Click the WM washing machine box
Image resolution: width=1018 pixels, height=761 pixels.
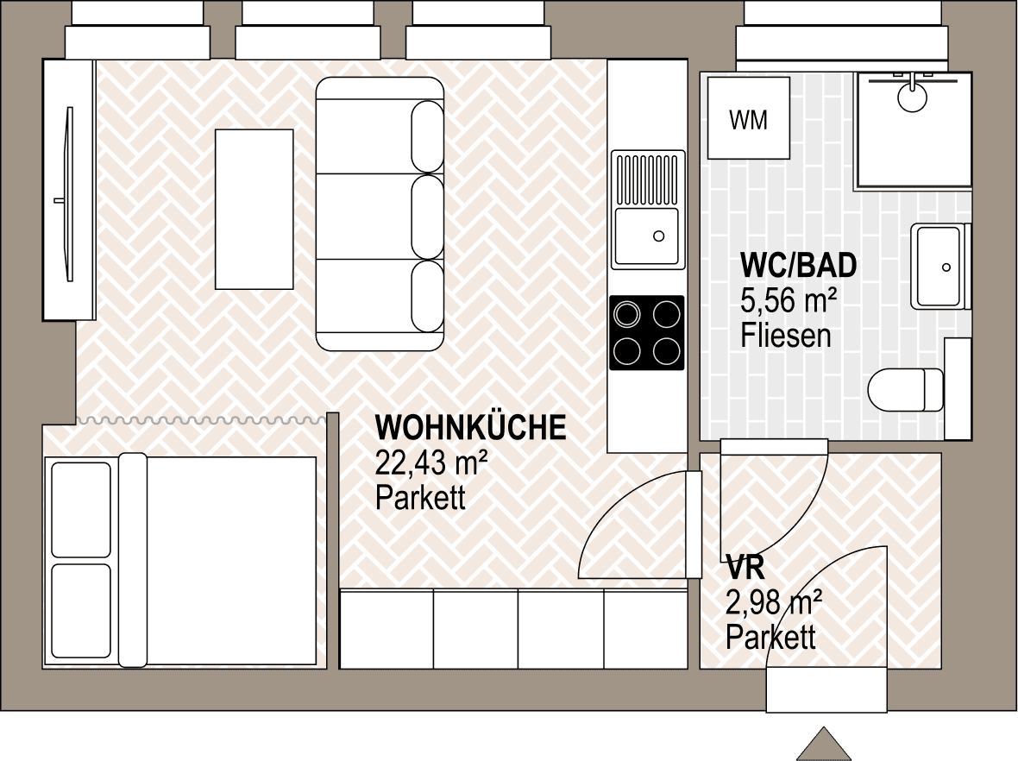pos(749,118)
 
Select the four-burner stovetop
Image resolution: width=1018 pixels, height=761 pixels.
pos(647,333)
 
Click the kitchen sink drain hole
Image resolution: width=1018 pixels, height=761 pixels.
pos(659,236)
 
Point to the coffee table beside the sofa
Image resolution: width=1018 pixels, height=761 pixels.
pos(254,209)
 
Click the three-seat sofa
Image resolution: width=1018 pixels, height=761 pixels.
pos(380,214)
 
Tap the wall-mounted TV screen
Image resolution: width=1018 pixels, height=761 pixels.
pos(69,193)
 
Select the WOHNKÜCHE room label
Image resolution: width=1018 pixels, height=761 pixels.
pos(471,428)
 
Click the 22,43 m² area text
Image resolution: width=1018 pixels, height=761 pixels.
pos(431,463)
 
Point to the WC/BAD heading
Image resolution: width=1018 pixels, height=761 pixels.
pos(799,265)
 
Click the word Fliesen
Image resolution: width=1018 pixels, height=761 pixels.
pos(786,335)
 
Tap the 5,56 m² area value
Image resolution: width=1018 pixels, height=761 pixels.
pos(789,300)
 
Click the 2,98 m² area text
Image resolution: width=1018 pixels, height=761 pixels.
pos(774,602)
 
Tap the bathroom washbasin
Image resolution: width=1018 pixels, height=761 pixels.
pos(939,267)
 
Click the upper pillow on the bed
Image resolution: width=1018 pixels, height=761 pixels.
pos(81,510)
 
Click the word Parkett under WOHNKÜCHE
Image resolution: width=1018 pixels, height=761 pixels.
pos(421,498)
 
